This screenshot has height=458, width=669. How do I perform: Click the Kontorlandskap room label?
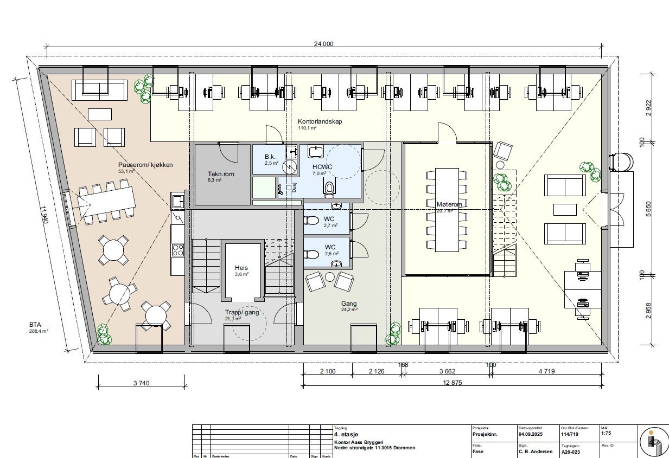coord(320,121)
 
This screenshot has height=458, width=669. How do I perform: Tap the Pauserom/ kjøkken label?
coord(145,165)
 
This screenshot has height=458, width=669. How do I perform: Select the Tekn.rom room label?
coord(220,175)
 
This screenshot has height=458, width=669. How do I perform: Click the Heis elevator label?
coord(241,268)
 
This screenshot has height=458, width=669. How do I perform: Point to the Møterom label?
coord(449,204)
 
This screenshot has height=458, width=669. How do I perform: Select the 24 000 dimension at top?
coord(324,44)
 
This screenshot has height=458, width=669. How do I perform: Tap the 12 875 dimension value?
coord(451,384)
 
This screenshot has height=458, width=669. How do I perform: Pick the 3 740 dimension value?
coord(141,384)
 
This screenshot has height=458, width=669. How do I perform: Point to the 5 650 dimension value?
coord(648,209)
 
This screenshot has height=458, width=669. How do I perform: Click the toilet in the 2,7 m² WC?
coord(311,221)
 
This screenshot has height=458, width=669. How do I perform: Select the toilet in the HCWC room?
coord(329,188)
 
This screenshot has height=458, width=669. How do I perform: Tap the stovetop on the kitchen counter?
coord(178,250)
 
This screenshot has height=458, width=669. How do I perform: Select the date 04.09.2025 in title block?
coord(531,434)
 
